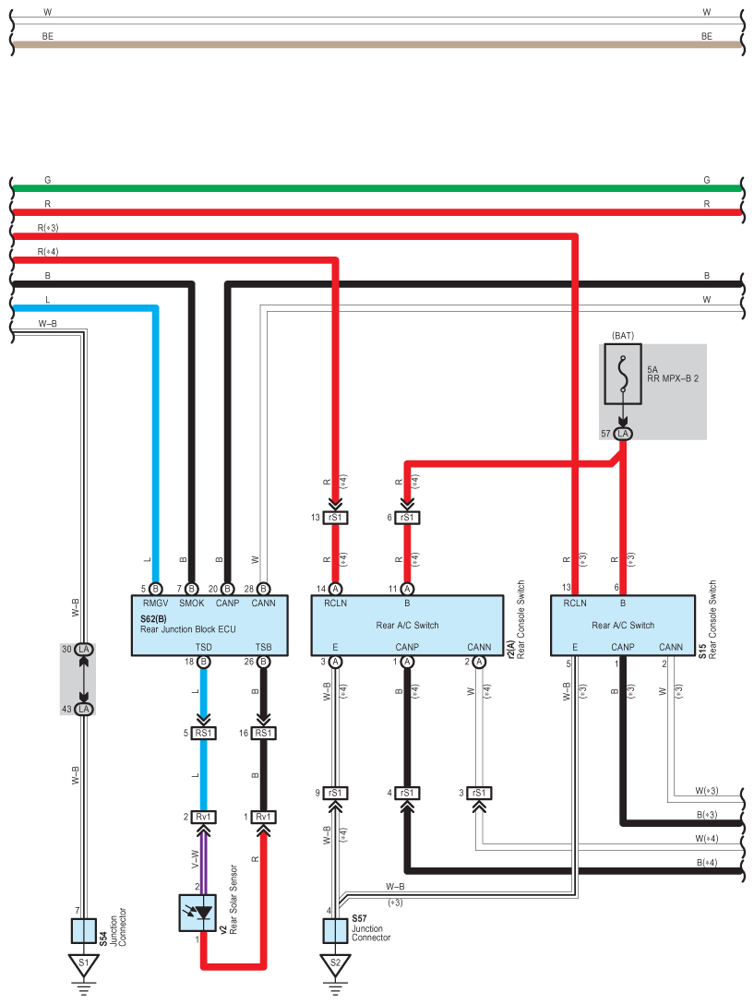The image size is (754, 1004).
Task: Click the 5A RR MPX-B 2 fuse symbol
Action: [x=623, y=374]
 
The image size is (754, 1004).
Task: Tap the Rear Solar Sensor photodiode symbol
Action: [x=197, y=913]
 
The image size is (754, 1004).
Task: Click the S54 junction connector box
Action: [x=84, y=931]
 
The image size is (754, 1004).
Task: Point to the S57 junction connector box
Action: [x=335, y=931]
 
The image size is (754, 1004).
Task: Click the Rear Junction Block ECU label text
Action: [x=187, y=629]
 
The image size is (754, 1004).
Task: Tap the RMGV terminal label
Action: [x=156, y=604]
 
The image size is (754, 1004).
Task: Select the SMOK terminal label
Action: [x=192, y=604]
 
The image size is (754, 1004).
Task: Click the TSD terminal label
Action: [x=204, y=648]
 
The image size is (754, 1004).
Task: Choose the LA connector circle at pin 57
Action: [x=623, y=434]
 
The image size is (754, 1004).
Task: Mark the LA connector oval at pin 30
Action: [x=84, y=650]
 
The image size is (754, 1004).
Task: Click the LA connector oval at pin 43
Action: [x=84, y=710]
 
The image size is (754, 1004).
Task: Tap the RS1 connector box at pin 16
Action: [x=263, y=733]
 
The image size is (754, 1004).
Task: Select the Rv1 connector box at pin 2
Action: [x=204, y=817]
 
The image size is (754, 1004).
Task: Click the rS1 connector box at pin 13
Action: [x=335, y=518]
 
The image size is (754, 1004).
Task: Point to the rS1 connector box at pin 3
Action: [x=479, y=794]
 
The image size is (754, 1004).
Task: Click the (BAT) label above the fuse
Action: [x=623, y=336]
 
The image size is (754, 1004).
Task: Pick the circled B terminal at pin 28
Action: [x=263, y=589]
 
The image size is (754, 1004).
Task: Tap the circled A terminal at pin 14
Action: [x=335, y=589]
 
